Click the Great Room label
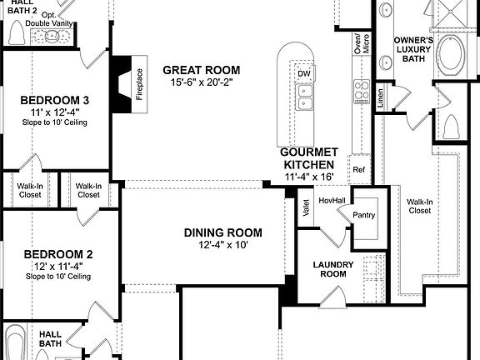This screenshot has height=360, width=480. (x=201, y=70)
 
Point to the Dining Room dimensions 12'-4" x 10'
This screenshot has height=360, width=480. (x=222, y=245)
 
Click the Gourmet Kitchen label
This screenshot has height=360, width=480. (x=308, y=158)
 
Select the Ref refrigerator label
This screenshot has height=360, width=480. (x=359, y=170)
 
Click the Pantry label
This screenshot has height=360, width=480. (x=364, y=215)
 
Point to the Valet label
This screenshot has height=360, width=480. (x=307, y=208)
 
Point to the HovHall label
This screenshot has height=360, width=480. (x=332, y=199)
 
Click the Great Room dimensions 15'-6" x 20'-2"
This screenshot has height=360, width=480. (x=201, y=83)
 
